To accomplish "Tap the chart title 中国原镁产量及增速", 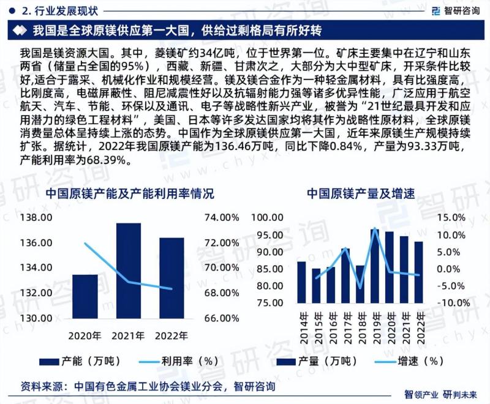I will [360, 194].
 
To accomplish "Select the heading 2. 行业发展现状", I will [52, 10].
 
